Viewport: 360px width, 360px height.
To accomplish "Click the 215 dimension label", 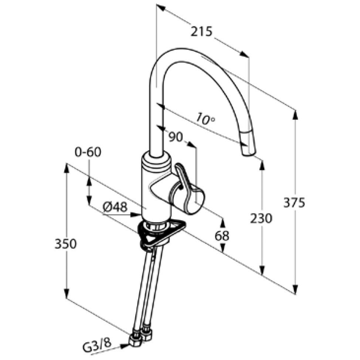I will tap(202, 32).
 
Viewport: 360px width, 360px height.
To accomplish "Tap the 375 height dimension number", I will tap(294, 202).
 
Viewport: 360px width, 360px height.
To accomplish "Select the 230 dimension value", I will tap(261, 218).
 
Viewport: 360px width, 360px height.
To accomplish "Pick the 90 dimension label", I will tap(176, 137).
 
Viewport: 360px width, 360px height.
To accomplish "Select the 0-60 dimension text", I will tap(87, 152).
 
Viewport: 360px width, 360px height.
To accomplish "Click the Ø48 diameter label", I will tap(115, 208).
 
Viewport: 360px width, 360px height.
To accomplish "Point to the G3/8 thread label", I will tap(97, 347).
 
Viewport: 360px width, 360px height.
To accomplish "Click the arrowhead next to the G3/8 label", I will tap(125, 346).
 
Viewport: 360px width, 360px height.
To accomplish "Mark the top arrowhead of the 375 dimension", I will tap(295, 115).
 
